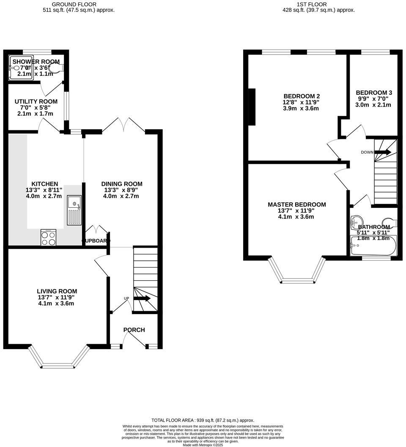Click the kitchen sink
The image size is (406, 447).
tap(74, 211)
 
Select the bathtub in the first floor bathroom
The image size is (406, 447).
tap(373, 246)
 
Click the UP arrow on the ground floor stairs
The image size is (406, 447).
tap(142, 298)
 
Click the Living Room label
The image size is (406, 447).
tap(57, 291)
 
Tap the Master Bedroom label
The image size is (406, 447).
tap(297, 204)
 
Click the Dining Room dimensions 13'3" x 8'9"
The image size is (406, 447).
tap(122, 190)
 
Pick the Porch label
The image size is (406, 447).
tap(134, 330)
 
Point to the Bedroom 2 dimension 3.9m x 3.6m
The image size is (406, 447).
tap(301, 108)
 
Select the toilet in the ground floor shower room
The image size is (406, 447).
tap(57, 67)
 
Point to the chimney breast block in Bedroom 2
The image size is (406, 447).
tap(252, 107)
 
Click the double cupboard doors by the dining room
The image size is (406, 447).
tap(97, 230)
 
